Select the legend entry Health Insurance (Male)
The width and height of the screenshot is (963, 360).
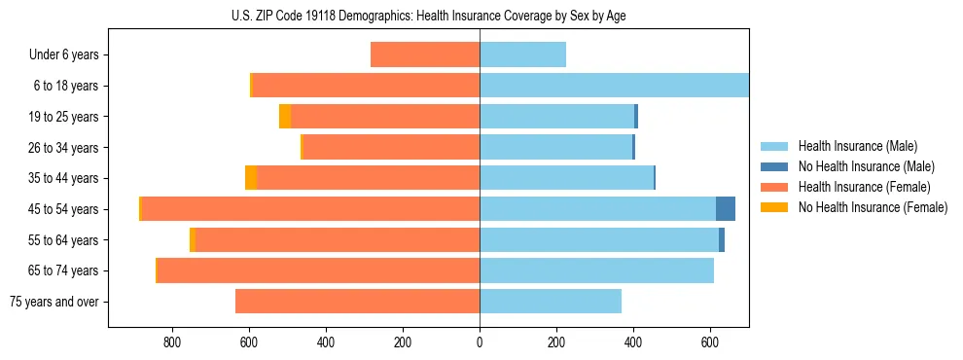pyautogui.click(x=857, y=146)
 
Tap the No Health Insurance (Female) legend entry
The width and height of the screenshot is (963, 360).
pyautogui.click(x=873, y=207)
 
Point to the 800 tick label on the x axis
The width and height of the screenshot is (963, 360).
pyautogui.click(x=171, y=342)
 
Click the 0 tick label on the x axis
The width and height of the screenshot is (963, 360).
pyautogui.click(x=480, y=342)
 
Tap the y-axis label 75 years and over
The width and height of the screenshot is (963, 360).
pyautogui.click(x=54, y=302)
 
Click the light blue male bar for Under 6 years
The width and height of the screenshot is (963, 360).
pyautogui.click(x=522, y=55)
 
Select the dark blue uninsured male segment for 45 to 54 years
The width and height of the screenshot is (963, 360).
pyautogui.click(x=726, y=209)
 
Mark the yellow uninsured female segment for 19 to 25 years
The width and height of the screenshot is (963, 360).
pyautogui.click(x=285, y=117)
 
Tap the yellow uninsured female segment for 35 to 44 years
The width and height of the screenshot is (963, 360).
pyautogui.click(x=251, y=178)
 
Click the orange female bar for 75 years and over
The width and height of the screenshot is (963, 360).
pyautogui.click(x=357, y=302)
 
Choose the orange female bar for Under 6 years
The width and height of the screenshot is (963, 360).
pyautogui.click(x=425, y=55)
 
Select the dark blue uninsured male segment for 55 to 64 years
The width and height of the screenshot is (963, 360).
pyautogui.click(x=722, y=240)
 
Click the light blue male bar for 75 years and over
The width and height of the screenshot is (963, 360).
pyautogui.click(x=551, y=302)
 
